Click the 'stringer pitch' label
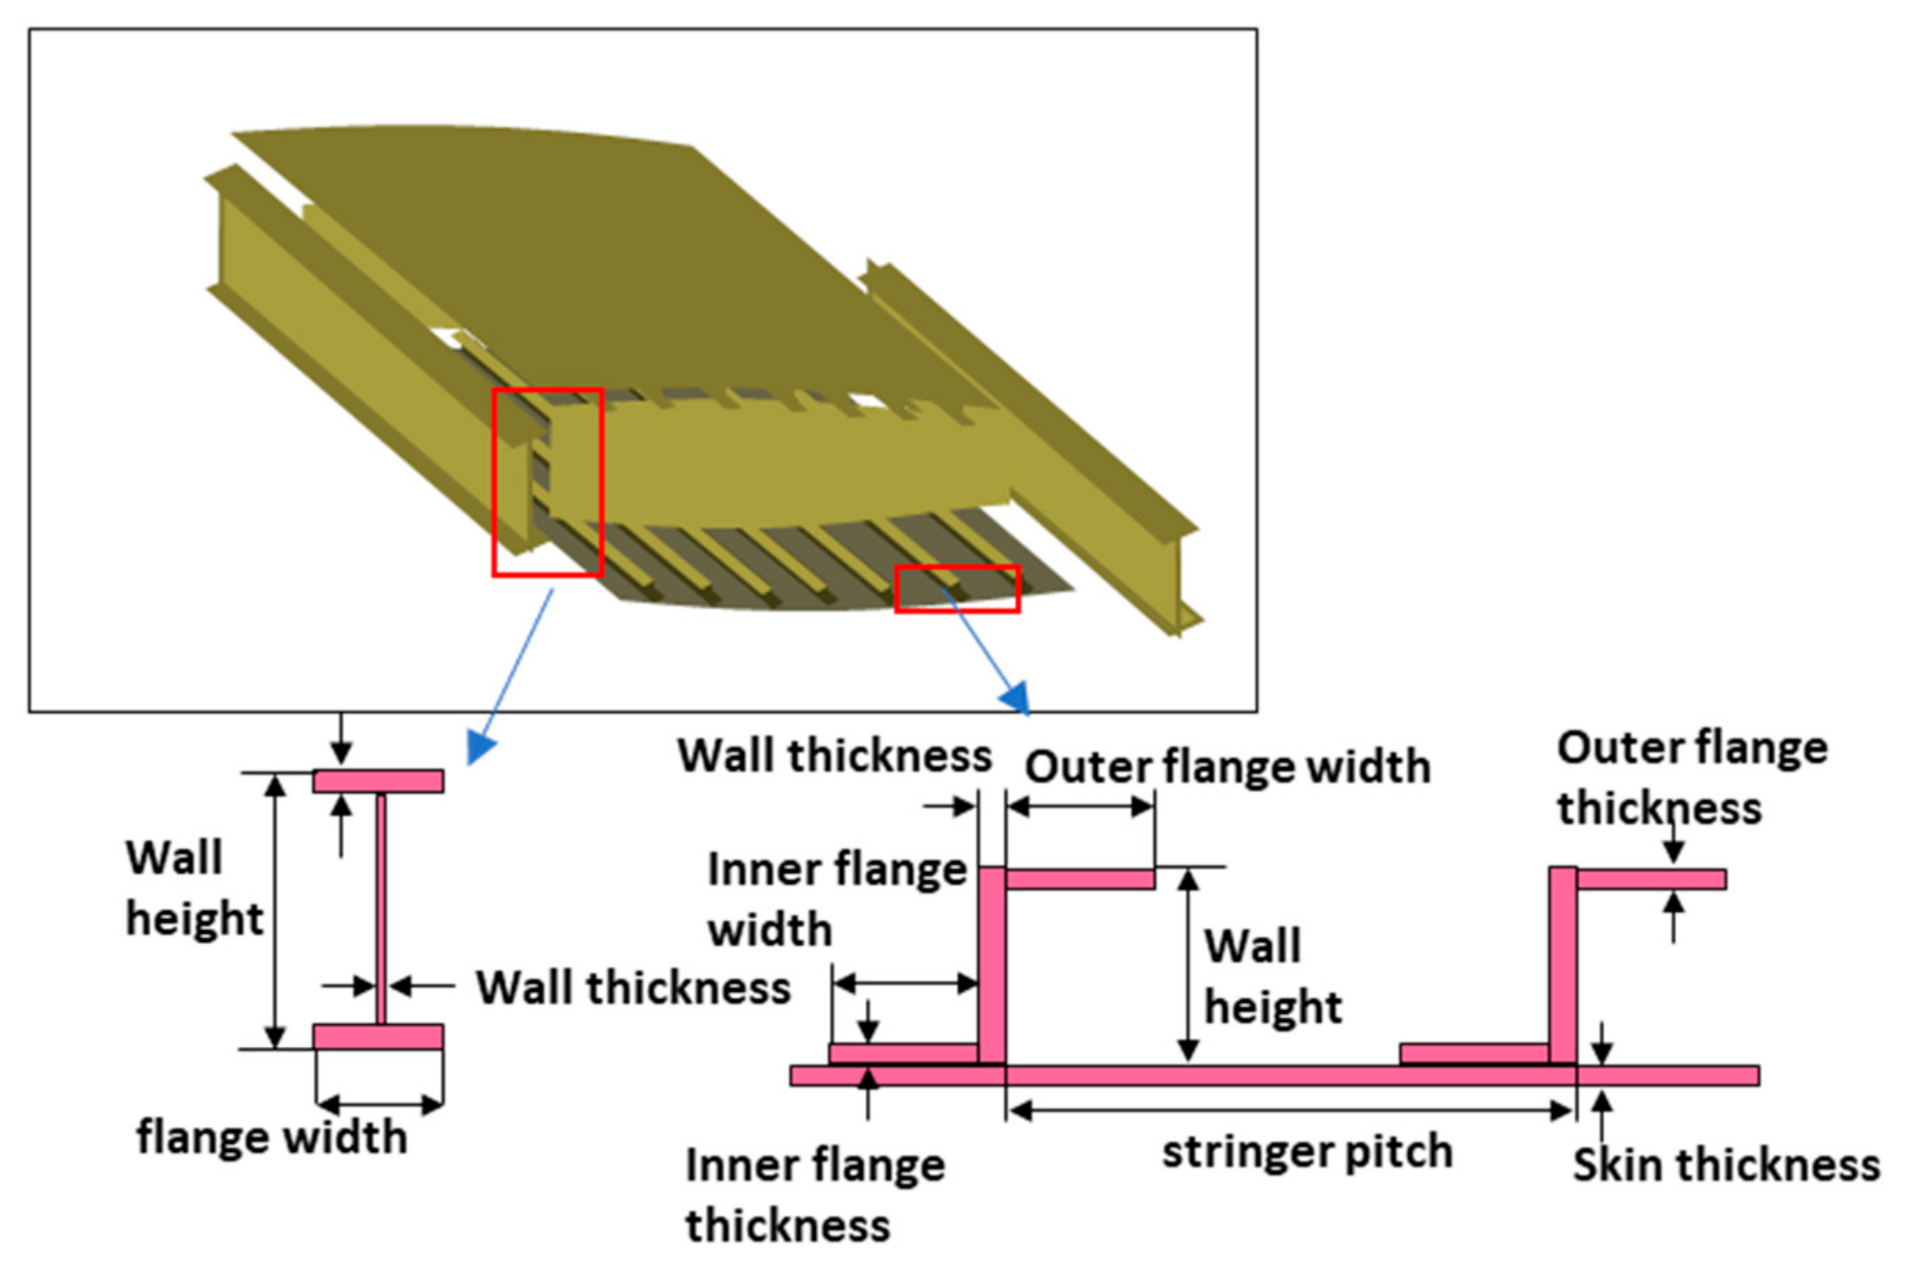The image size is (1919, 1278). pos(1306,1152)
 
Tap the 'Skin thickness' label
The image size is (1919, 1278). pos(1725,1165)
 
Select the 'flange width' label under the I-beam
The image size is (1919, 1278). pos(271,1137)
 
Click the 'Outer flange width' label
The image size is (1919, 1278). pos(1227,767)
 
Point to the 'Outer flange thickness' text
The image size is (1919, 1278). pos(1692,778)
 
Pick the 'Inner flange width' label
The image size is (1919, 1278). pos(835,899)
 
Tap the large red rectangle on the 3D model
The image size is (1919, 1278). pos(547,482)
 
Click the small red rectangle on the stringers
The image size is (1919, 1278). pos(957,589)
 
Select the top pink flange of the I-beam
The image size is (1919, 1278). pos(378,782)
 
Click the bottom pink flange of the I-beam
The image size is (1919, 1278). pos(378,1036)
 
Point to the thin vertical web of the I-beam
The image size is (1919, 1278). pos(380,909)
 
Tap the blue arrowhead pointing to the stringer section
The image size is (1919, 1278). pos(1015,699)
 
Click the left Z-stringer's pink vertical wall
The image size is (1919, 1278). pos(991,966)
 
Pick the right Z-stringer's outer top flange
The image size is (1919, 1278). pos(1650,879)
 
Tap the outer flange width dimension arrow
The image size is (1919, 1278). pos(1080,807)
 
